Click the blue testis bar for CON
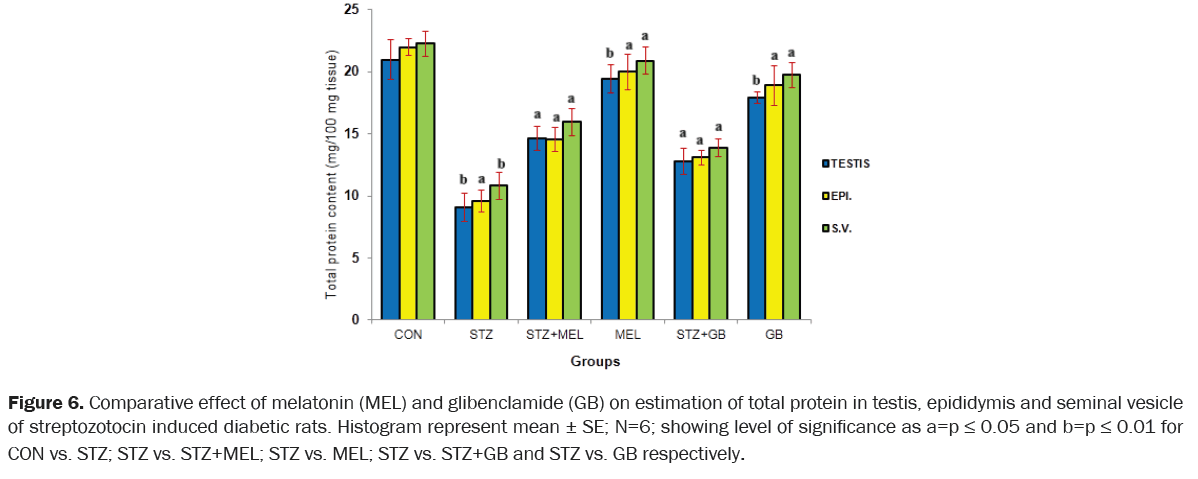390,190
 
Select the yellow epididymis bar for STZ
481,260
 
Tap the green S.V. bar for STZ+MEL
571,221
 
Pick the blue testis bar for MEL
609,199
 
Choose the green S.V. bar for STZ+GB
718,234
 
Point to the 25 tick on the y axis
350,10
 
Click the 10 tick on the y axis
350,196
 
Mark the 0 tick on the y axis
354,320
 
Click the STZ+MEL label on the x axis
553,335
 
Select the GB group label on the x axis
773,335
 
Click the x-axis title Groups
595,360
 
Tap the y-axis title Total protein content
330,175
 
